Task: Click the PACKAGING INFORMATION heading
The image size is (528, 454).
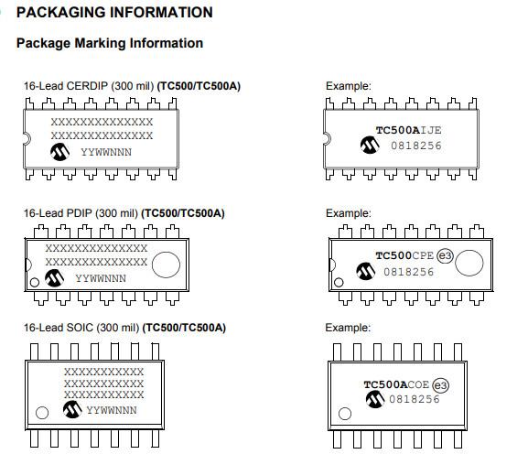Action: [114, 13]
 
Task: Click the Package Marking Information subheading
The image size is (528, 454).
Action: [110, 43]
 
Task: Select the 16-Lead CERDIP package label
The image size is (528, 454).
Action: [132, 86]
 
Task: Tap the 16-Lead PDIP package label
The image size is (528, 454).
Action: [124, 213]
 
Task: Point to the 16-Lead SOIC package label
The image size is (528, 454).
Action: [124, 328]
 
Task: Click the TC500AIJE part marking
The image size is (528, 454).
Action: [408, 130]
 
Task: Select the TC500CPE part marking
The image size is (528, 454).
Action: [404, 255]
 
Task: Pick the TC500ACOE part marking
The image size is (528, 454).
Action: [396, 384]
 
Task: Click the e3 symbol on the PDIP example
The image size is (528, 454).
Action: [445, 256]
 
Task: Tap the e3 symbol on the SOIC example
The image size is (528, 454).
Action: [440, 385]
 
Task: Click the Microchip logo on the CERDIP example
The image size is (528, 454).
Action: [370, 145]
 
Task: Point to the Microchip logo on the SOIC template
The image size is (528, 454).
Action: [72, 409]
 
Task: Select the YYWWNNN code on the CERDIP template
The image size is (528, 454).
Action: [106, 152]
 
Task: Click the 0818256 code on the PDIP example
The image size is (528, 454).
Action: [409, 272]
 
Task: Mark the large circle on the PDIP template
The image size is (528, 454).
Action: [166, 265]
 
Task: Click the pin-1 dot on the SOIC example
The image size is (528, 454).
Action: [345, 414]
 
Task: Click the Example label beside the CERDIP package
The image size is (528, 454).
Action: [349, 86]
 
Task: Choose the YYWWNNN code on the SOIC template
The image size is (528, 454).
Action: [112, 410]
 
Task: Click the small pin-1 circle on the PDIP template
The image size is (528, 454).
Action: [35, 282]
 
